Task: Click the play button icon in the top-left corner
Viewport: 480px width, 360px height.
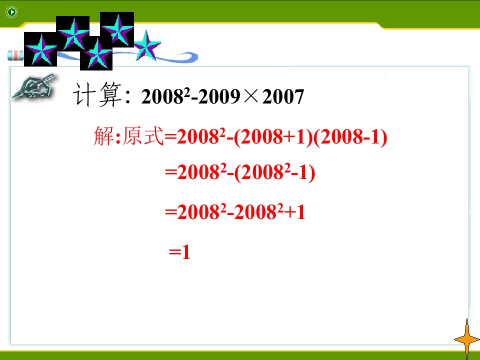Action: pos(11,12)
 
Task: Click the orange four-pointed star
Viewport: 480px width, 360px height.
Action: pos(467,339)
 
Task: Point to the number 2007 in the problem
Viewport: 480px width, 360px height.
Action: pos(283,97)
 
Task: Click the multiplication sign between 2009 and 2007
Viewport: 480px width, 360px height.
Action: pos(252,96)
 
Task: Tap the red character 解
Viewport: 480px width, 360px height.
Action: pos(104,137)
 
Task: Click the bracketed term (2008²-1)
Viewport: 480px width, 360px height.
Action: pos(274,173)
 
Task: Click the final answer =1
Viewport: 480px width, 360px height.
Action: pos(180,252)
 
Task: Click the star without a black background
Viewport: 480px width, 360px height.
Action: pos(147,45)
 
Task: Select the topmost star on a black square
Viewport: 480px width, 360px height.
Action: pos(117,28)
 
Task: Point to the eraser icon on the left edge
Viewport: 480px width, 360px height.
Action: pos(15,55)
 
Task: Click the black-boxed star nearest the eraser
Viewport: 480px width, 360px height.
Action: pos(40,49)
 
